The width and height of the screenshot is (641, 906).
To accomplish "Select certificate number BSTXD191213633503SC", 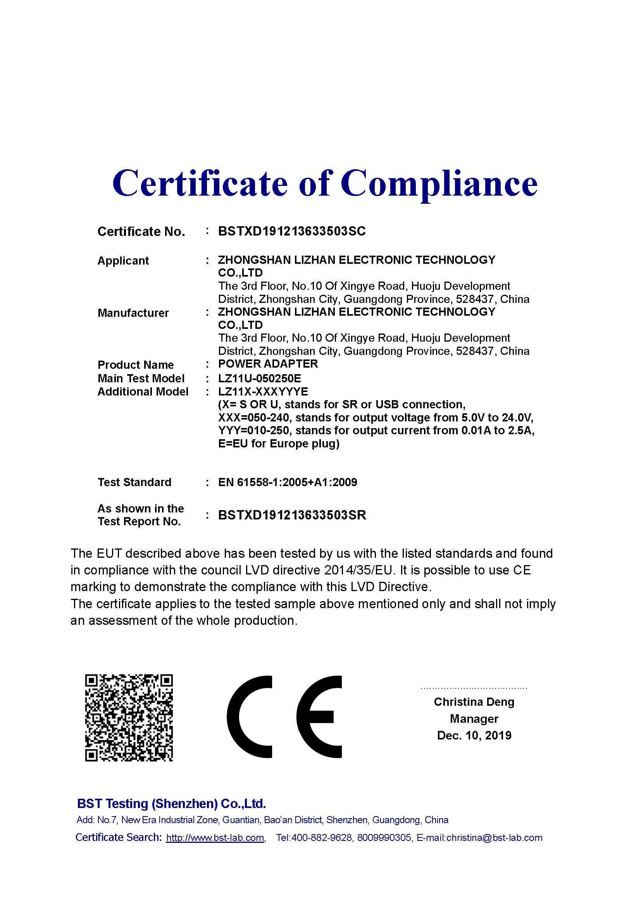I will (292, 231).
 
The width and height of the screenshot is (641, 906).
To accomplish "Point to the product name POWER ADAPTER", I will (268, 363).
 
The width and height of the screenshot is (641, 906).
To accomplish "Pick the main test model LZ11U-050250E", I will (259, 378).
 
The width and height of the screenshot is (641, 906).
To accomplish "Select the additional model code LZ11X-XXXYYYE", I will (263, 392).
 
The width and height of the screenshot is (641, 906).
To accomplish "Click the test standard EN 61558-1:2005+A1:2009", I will (287, 482).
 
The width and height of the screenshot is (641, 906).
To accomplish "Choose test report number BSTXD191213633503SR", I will (292, 515).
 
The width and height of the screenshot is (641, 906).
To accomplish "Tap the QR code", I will (129, 718).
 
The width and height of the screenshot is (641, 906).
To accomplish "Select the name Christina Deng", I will (474, 701).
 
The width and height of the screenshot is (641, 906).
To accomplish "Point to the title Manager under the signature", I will (474, 719).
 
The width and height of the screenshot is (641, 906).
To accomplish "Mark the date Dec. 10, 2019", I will (474, 735).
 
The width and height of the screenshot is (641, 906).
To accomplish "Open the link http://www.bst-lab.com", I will (215, 838).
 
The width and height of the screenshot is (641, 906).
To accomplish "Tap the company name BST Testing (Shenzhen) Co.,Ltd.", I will (171, 803).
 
